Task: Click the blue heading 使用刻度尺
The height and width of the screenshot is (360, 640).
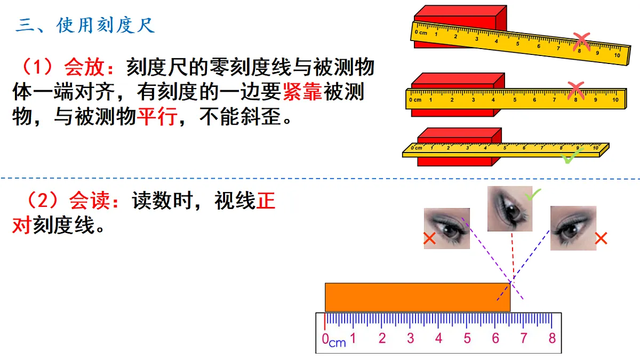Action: (106, 26)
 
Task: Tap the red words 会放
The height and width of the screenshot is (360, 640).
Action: (84, 68)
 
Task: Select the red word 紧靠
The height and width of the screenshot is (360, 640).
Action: (302, 92)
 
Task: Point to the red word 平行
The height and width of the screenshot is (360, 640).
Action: (157, 116)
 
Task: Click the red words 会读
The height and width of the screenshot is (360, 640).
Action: (90, 201)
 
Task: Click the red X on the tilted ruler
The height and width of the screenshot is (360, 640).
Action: (581, 42)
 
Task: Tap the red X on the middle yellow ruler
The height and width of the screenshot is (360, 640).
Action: (575, 90)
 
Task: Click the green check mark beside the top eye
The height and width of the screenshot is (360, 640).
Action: (533, 194)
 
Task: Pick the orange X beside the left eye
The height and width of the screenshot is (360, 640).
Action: (429, 238)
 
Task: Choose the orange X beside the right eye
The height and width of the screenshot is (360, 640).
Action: (601, 238)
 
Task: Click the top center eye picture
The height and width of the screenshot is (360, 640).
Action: (510, 209)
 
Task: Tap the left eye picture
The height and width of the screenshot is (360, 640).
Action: (447, 228)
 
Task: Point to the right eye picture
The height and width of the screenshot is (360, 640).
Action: (573, 228)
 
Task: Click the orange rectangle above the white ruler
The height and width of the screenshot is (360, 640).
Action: (418, 297)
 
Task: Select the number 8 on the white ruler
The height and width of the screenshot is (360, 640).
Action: (552, 338)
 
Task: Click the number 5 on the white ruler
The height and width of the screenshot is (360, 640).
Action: (467, 338)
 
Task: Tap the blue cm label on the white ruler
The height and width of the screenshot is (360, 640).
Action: (338, 342)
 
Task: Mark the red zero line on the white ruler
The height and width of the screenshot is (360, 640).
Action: (325, 322)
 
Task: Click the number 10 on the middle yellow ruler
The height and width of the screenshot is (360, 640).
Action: (615, 100)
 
